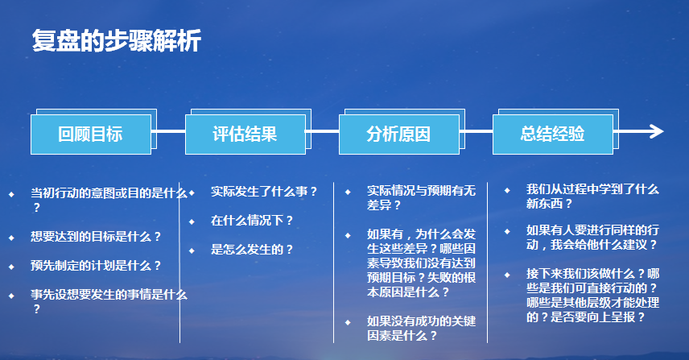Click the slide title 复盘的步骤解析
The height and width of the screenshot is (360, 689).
[117, 41]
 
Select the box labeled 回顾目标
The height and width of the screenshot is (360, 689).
[91, 134]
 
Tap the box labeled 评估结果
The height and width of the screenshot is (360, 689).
[245, 134]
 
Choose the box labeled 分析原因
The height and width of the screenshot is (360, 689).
[399, 134]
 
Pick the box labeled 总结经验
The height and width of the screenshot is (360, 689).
[553, 134]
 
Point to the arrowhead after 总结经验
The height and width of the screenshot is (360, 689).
[657, 131]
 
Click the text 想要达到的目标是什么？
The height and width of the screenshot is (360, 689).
[97, 237]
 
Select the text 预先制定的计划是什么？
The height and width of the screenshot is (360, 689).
[97, 266]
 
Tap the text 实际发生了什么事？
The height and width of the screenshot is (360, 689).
[264, 192]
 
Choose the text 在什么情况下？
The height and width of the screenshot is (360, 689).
[252, 221]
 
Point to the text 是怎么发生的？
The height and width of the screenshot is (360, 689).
[252, 250]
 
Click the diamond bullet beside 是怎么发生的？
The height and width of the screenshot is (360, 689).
[192, 250]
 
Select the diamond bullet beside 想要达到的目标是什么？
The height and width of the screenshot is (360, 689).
[11, 238]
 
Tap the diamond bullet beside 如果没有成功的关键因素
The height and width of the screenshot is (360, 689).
[348, 322]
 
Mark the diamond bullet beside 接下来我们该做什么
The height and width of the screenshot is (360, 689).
[507, 275]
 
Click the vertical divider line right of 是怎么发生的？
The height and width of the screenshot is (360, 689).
[333, 263]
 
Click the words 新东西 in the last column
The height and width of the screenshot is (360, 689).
[544, 204]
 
